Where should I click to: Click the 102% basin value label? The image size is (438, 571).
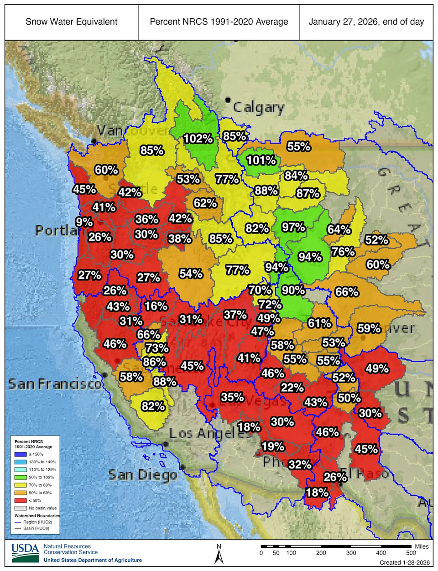pos(198,138)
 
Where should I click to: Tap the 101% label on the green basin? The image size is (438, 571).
pos(261,161)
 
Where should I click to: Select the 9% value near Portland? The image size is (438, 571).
pos(84,222)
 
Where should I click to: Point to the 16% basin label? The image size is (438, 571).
pos(156,306)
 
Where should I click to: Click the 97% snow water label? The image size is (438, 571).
pos(293,227)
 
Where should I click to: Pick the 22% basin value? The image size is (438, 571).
pos(292,388)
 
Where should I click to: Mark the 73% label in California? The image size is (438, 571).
pos(157,348)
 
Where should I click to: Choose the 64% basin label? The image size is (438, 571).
pos(339,229)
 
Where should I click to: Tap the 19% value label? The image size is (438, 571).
pos(273,446)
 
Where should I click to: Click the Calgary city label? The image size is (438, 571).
pos(259,108)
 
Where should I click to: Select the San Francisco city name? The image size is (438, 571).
pos(55,384)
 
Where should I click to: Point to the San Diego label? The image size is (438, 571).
pos(142,475)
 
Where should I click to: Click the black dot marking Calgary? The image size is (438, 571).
pos(228,99)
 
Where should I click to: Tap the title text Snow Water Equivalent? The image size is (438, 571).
pos(72,22)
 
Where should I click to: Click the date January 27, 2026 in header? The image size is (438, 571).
pos(366,22)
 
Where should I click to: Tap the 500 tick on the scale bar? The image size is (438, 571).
pos(411,553)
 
